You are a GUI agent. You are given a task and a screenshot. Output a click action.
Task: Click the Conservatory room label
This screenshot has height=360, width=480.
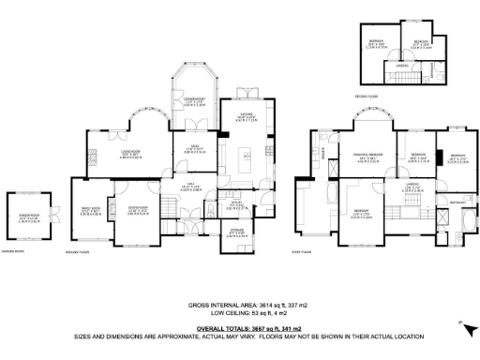[194, 102]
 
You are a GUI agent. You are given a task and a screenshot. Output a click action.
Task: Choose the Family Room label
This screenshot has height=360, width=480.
[91, 210]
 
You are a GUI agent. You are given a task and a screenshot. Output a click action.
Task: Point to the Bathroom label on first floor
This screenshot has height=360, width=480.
[458, 202]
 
